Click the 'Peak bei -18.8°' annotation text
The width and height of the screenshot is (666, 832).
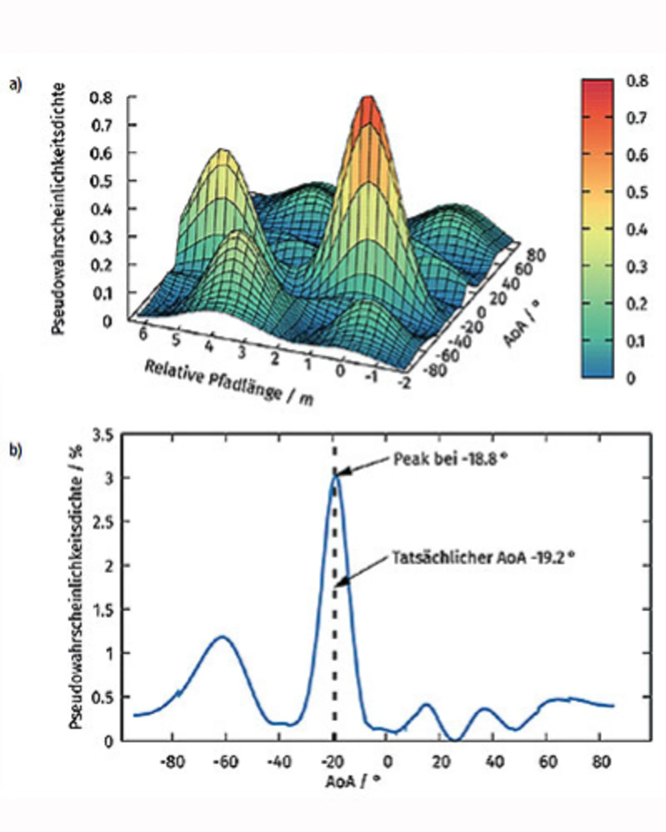tap(450, 459)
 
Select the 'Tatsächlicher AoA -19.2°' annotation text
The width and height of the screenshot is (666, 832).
tap(483, 557)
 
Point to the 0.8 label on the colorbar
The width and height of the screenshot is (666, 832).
tap(637, 82)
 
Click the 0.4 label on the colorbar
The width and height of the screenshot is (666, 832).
tap(637, 229)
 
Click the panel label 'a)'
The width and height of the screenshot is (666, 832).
tap(16, 84)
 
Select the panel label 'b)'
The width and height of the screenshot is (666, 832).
tap(16, 450)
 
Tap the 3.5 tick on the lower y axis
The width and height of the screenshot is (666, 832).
tap(103, 435)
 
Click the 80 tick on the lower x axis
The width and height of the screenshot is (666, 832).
tap(601, 762)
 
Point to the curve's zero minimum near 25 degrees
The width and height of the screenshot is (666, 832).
tap(455, 739)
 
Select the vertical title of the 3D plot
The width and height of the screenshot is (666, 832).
tap(60, 208)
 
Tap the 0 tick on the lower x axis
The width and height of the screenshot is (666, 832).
tap(387, 762)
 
